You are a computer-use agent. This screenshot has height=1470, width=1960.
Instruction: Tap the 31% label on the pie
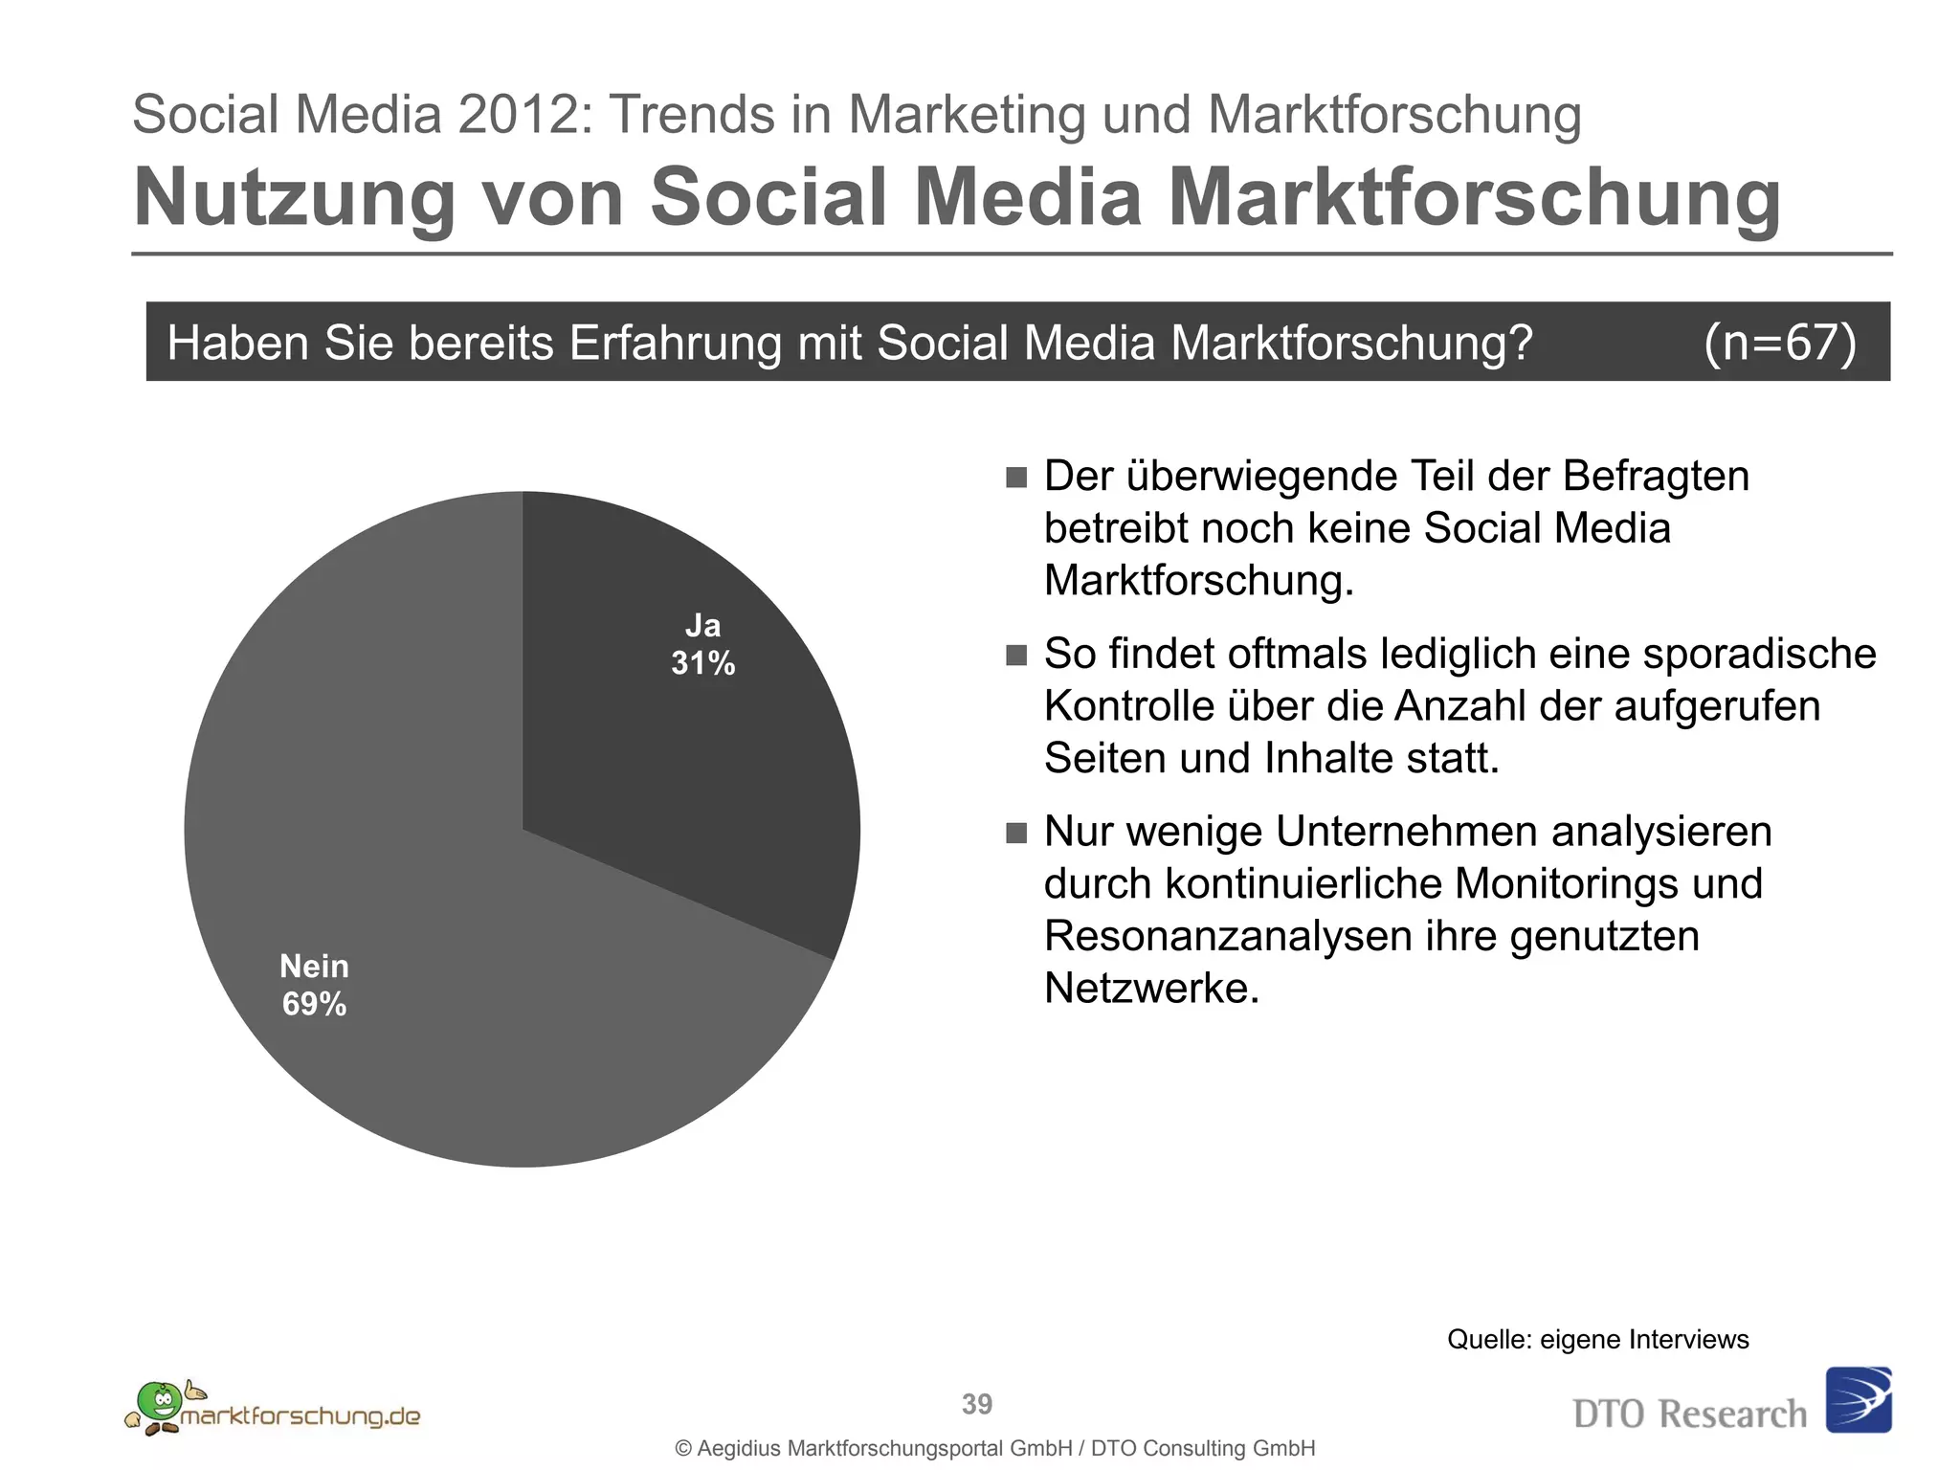tap(702, 663)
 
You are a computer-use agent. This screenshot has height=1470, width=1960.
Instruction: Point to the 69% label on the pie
tap(314, 1004)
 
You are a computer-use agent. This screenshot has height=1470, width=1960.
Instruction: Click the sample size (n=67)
tap(1779, 342)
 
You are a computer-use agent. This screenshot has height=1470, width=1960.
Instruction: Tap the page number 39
tap(977, 1404)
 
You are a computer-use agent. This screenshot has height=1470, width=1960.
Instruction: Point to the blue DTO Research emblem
tap(1859, 1400)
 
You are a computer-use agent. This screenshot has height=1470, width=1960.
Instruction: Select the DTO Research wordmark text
tap(1689, 1414)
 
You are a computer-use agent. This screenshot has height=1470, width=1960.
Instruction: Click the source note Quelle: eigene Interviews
tap(1597, 1339)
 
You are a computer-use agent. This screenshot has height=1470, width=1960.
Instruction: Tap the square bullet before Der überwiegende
tap(1016, 477)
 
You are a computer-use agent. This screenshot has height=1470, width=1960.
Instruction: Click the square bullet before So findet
tap(1016, 655)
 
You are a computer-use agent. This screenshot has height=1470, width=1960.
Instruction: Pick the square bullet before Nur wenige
tap(1016, 833)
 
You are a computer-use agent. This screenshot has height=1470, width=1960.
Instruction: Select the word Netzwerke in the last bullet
tap(1151, 989)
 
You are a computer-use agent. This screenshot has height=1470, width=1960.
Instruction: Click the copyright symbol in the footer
tap(683, 1449)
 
